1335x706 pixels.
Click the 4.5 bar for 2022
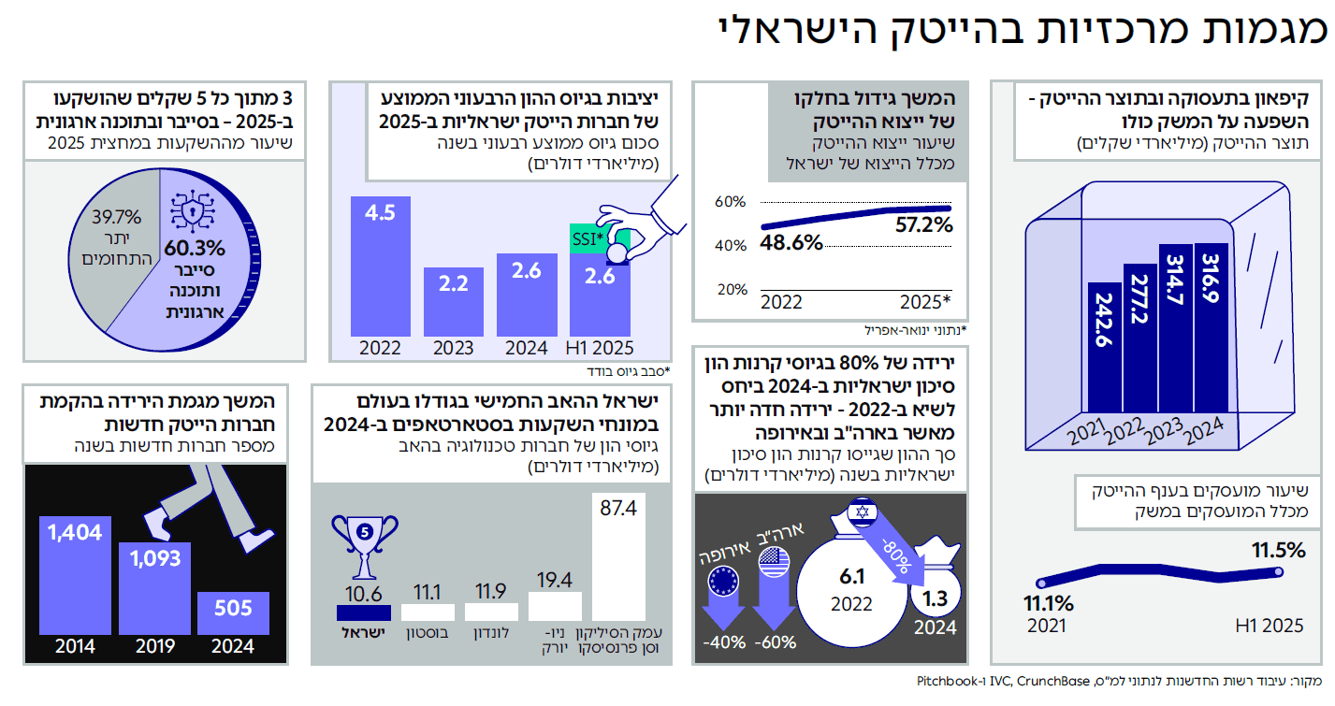[x=380, y=267]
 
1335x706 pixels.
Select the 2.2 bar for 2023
[x=454, y=302]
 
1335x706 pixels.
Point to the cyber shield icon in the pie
[x=193, y=211]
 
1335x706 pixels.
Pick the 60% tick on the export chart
[x=730, y=202]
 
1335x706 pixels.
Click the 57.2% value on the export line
[x=923, y=225]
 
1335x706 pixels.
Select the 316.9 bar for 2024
[x=1211, y=327]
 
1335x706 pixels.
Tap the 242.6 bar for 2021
[x=1104, y=347]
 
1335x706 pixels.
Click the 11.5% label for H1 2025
[x=1278, y=550]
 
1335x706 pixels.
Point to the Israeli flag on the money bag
[x=862, y=512]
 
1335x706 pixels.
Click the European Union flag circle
[x=723, y=581]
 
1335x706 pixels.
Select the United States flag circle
[x=775, y=562]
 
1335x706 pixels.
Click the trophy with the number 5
[x=365, y=546]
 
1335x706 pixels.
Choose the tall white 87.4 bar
[x=618, y=557]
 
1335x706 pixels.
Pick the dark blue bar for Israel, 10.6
[x=364, y=613]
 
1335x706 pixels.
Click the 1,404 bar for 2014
[x=75, y=575]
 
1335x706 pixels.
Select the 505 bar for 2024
[x=233, y=613]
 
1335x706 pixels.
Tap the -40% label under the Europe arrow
[x=723, y=642]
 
